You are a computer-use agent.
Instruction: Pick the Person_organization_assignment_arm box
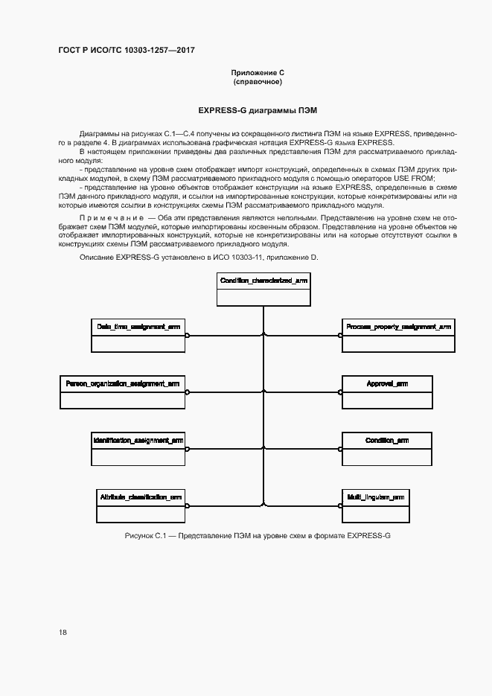pyautogui.click(x=122, y=391)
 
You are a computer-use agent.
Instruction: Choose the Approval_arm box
pyautogui.click(x=387, y=391)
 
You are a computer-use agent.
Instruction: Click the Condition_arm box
pyautogui.click(x=387, y=447)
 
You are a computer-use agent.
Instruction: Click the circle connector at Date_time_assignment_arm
pyautogui.click(x=188, y=335)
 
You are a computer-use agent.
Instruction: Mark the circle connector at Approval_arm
pyautogui.click(x=339, y=392)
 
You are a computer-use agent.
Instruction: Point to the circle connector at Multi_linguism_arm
pyautogui.click(x=339, y=505)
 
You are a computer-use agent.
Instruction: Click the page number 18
pyautogui.click(x=63, y=632)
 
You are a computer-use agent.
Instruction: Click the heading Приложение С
pyautogui.click(x=258, y=72)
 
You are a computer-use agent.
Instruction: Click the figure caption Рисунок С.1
pyautogui.click(x=258, y=536)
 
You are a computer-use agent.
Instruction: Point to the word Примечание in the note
pyautogui.click(x=112, y=219)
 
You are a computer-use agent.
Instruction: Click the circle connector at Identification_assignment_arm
pyautogui.click(x=188, y=448)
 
